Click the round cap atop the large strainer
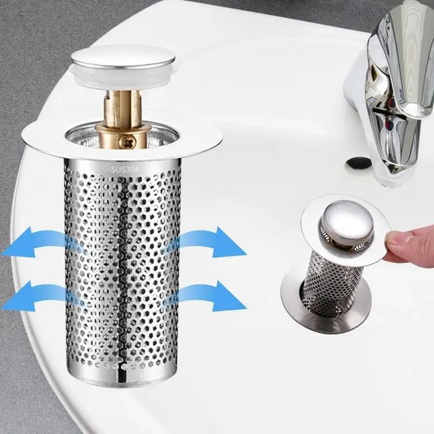(x=122, y=58)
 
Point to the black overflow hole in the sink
(x=358, y=163)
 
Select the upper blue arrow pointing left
(x=41, y=244)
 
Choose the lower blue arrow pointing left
(x=41, y=295)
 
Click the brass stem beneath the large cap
(x=123, y=108)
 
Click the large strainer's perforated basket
(x=122, y=271)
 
